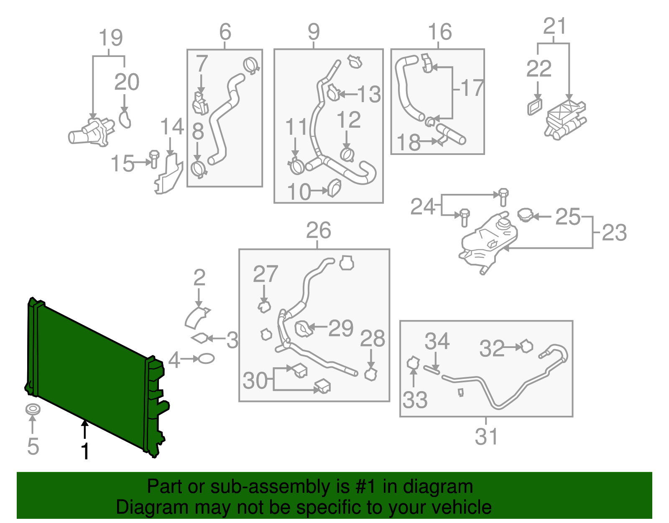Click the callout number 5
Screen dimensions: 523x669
(x=33, y=446)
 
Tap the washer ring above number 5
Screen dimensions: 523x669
(x=33, y=410)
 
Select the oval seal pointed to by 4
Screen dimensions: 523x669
(x=206, y=358)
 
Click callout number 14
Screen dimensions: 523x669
(x=172, y=126)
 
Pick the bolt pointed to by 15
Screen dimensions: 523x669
(x=154, y=159)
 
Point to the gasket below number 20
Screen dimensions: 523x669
(x=125, y=119)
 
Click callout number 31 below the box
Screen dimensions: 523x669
(x=487, y=437)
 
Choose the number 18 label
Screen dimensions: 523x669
(x=408, y=142)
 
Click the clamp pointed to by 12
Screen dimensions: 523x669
(x=347, y=155)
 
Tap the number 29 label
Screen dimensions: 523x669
(x=341, y=328)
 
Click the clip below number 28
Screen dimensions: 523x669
(x=371, y=374)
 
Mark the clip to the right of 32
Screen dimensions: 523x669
(x=526, y=346)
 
